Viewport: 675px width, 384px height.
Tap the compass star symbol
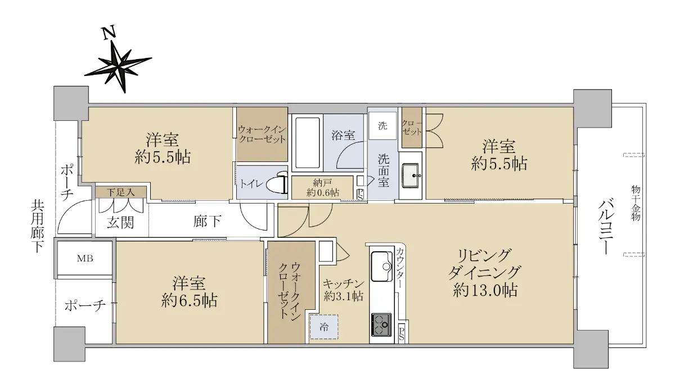click(x=118, y=66)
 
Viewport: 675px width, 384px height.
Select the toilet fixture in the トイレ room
click(x=280, y=182)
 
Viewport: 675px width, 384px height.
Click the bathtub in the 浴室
click(x=307, y=142)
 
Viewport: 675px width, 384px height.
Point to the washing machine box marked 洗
click(x=382, y=125)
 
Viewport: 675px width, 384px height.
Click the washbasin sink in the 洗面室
click(x=410, y=175)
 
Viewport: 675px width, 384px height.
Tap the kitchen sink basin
click(x=382, y=266)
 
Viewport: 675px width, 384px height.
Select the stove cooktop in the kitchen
click(x=381, y=324)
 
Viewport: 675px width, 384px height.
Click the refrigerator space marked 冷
click(x=324, y=327)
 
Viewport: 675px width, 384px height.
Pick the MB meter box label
click(x=85, y=259)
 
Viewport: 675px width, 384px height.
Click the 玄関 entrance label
click(x=120, y=223)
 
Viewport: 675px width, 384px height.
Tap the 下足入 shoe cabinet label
click(x=120, y=192)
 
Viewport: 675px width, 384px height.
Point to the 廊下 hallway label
click(x=207, y=222)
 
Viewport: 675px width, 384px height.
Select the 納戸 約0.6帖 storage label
click(x=322, y=187)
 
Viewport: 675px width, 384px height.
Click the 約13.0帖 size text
click(x=485, y=290)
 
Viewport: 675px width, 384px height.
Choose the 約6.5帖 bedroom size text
click(x=189, y=300)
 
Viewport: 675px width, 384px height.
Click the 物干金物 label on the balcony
click(x=636, y=203)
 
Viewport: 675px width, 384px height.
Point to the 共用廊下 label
click(x=37, y=227)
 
